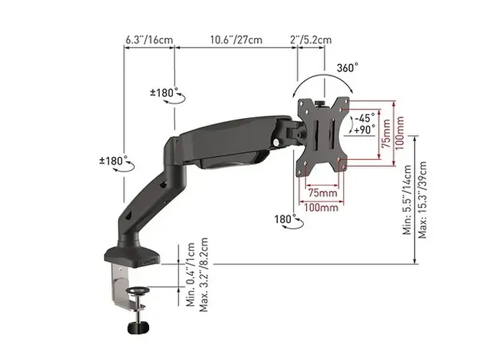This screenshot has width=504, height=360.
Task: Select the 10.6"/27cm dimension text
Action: coord(236,39)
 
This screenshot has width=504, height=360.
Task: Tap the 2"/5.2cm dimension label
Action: coord(310,39)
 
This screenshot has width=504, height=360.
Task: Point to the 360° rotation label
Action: coord(347,68)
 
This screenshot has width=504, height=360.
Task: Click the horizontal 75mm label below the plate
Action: coord(322,193)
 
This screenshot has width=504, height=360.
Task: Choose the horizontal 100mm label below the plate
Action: coord(321,208)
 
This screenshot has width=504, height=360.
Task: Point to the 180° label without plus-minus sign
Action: coord(284,218)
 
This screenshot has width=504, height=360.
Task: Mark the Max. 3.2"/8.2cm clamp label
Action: coord(205,274)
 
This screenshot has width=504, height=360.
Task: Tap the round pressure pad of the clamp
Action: coord(138,292)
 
